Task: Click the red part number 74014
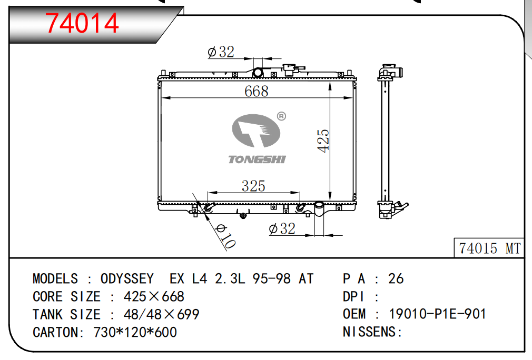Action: point(83,23)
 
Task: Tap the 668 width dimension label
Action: point(257,91)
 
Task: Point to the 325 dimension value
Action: point(253,186)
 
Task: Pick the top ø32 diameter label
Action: point(221,52)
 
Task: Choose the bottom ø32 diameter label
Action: point(282,229)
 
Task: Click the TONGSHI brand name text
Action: point(257,159)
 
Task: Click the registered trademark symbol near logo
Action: point(281,116)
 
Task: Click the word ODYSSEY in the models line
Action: point(127,278)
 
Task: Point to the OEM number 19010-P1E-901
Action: point(437,314)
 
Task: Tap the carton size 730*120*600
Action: point(135,332)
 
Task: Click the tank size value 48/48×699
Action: point(161,314)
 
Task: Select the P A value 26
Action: point(396,278)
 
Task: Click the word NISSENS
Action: point(370,332)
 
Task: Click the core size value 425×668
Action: point(154,296)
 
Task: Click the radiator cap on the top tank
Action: point(289,69)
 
